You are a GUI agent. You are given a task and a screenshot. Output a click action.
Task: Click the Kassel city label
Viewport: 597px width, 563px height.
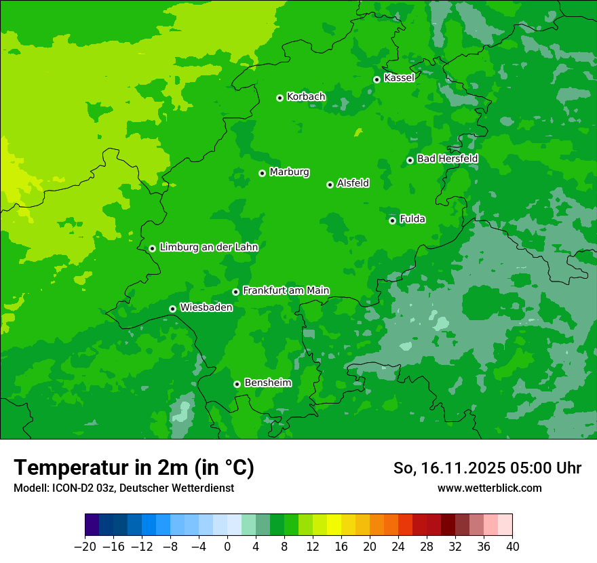coord(399,78)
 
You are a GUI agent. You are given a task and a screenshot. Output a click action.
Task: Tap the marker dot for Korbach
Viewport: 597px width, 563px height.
coord(280,98)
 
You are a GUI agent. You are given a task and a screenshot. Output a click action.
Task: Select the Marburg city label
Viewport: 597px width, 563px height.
coord(289,172)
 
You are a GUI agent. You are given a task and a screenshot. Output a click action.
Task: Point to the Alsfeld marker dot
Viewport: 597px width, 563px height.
coord(330,185)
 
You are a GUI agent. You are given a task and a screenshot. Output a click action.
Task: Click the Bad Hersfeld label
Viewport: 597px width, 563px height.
coord(447,159)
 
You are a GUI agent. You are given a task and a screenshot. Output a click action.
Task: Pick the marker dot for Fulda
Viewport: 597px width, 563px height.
coord(392,220)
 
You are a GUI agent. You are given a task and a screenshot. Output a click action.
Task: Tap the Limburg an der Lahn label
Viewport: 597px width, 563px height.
coord(208,248)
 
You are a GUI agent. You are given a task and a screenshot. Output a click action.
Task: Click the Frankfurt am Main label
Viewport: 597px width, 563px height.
coord(286,290)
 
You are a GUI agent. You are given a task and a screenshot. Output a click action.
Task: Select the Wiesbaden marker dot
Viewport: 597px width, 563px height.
coord(172,309)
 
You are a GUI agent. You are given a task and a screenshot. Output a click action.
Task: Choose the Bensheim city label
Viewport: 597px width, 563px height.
coord(267,383)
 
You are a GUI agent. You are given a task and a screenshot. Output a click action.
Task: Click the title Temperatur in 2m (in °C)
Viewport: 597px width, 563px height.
coord(134,467)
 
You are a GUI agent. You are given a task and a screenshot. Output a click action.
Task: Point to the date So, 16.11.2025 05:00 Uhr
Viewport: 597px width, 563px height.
coord(487,468)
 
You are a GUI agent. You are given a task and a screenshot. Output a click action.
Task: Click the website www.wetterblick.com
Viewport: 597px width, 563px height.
coord(489,488)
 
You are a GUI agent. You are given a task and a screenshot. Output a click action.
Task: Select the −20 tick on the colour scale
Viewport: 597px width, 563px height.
coord(85,547)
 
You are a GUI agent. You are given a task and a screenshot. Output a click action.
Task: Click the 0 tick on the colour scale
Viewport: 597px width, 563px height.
coord(227,547)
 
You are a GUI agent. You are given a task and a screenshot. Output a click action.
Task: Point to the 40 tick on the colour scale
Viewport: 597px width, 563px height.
coord(512,547)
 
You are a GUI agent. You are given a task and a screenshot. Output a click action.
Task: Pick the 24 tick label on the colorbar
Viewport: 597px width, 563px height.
coord(398,547)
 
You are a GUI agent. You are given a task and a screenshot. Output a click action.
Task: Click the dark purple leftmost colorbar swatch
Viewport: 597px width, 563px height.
coord(92,525)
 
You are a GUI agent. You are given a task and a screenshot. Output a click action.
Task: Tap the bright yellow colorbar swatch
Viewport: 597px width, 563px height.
coord(334,525)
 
